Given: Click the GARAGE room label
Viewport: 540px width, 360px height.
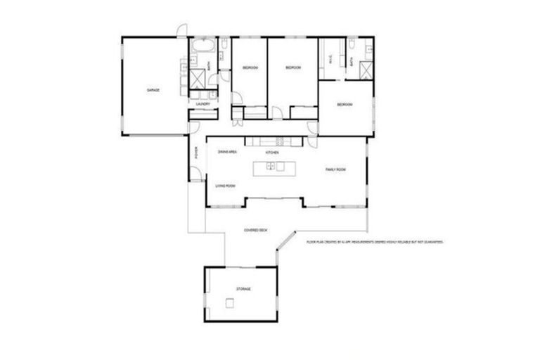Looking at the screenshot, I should point(153,91).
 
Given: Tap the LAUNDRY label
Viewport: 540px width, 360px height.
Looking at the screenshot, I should point(203,104).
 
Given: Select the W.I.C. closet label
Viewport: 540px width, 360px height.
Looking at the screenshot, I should point(330,62).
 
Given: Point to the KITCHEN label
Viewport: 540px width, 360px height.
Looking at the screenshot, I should point(272,153).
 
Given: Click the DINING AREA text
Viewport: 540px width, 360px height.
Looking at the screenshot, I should point(226,152).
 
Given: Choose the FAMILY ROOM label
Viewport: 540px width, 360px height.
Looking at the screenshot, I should point(335,169).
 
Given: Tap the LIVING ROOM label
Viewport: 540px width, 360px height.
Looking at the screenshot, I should point(225,186).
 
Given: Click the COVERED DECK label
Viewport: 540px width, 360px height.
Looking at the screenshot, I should point(255,230).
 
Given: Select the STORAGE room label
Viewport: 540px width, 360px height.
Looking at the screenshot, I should point(243,289).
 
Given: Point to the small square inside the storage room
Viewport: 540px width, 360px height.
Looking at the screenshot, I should point(229,303).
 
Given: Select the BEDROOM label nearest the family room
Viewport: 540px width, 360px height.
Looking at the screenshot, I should point(343,105).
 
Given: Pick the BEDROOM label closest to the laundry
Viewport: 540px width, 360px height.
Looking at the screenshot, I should point(250,67).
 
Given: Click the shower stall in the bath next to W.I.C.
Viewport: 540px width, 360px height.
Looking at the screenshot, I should point(365,70).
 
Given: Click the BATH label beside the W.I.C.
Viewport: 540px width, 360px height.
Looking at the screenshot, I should point(352,62).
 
